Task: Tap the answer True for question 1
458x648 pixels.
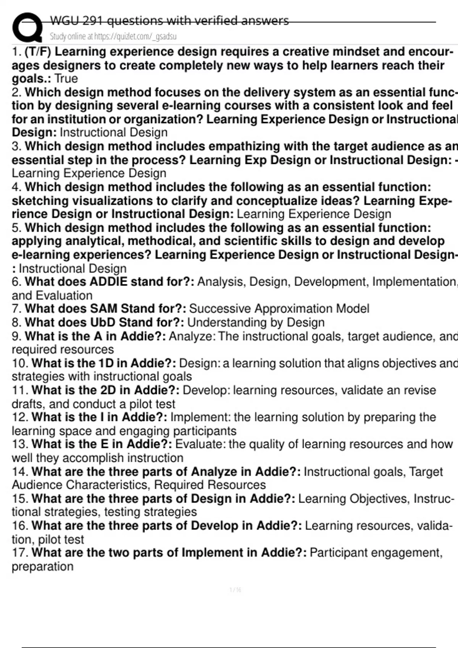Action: coord(66,79)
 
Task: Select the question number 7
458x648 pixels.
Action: coord(16,308)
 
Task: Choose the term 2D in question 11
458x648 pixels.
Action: coord(108,390)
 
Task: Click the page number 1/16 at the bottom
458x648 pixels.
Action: coord(235,590)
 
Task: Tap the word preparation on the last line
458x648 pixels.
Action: coord(42,566)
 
